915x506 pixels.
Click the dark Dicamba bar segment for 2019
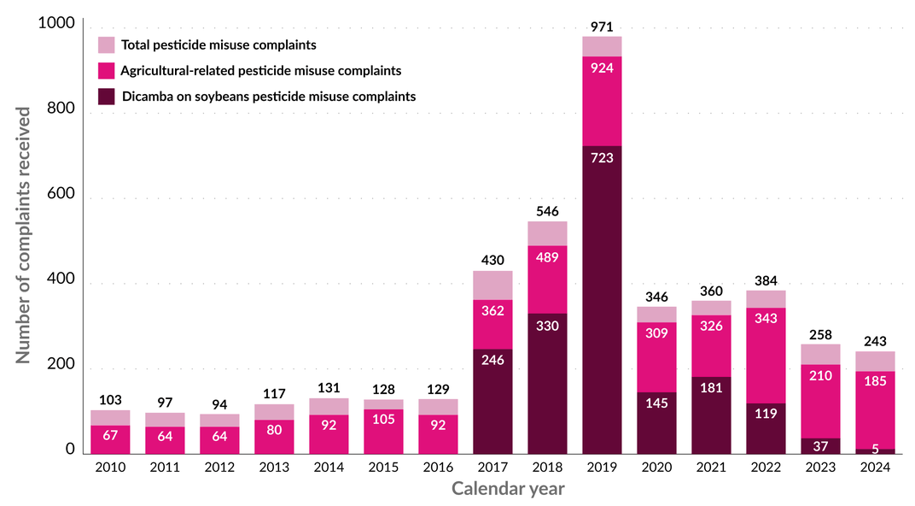602,299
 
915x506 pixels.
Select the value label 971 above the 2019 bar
602,27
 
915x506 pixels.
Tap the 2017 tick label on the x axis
492,467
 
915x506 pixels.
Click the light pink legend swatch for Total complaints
107,44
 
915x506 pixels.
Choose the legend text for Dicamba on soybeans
269,97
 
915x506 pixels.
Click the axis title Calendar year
507,489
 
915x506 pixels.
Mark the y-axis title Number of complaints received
24,235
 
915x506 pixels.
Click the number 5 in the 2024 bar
875,449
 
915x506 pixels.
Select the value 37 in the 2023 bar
820,446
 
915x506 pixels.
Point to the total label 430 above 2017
492,260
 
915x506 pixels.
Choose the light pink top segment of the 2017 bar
492,285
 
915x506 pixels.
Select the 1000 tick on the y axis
56,24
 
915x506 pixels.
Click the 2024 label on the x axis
875,467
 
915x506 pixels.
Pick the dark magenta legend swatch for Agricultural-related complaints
107,70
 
